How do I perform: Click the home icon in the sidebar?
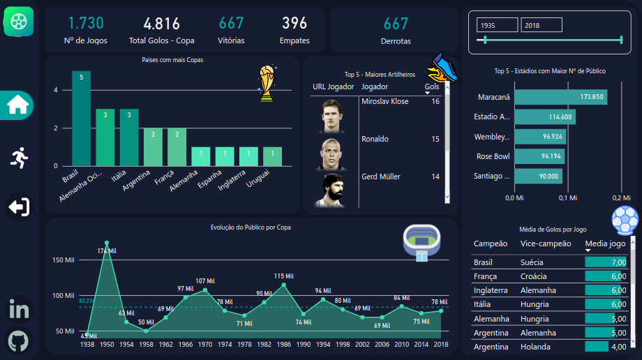(x=17, y=105)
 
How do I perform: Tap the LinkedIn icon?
(x=18, y=309)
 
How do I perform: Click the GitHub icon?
(x=18, y=342)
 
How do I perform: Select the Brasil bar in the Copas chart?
(x=81, y=119)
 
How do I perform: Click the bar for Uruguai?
(x=272, y=157)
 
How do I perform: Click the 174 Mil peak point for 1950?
(x=107, y=243)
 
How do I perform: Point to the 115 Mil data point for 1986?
(x=283, y=285)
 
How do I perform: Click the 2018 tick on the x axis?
(x=440, y=344)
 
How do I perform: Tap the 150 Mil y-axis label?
(x=63, y=260)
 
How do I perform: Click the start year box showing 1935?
(x=496, y=25)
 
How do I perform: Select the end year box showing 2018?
(x=541, y=25)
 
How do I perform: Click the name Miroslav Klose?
(x=385, y=102)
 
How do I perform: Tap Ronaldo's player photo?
(x=331, y=153)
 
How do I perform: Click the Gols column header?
(x=432, y=87)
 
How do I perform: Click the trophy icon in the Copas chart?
(x=266, y=84)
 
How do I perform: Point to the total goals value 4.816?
(x=162, y=24)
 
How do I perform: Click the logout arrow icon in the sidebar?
(x=17, y=207)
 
